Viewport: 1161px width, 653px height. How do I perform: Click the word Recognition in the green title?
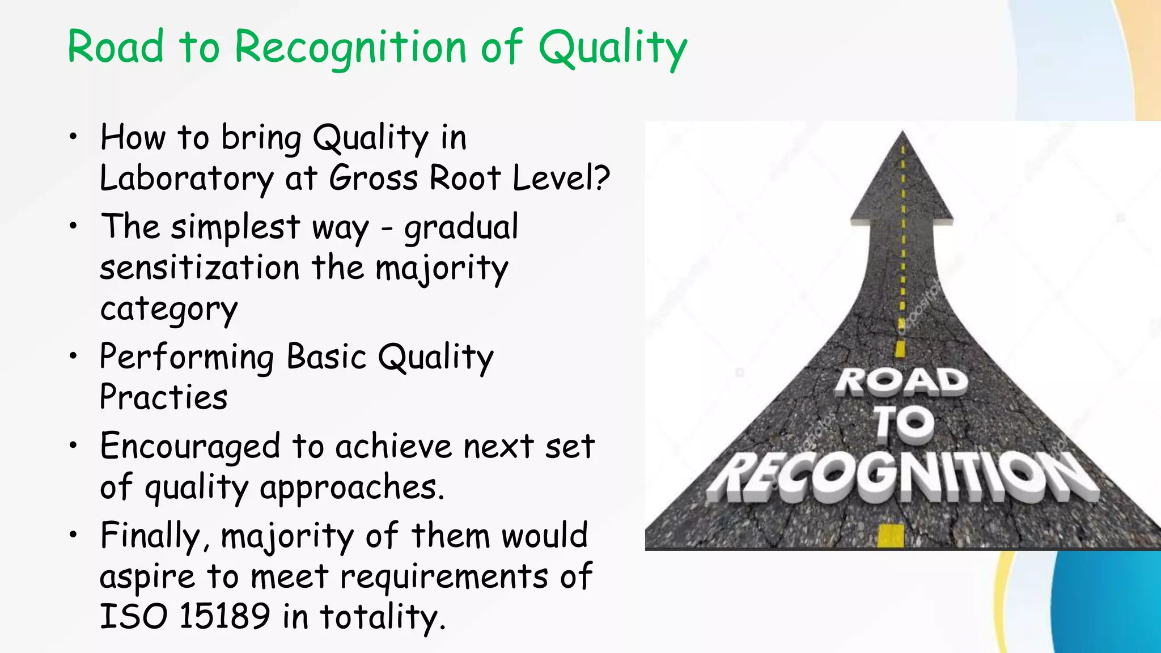(x=351, y=47)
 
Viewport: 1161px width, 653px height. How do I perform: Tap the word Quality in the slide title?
(x=612, y=47)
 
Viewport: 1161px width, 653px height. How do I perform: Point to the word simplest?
(x=235, y=227)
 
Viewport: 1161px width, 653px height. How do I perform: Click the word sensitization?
(x=200, y=268)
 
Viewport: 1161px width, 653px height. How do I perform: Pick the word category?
(x=168, y=309)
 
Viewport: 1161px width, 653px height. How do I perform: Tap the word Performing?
(x=187, y=358)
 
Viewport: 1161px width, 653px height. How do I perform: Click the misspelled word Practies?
(x=163, y=397)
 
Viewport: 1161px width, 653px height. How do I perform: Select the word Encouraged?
(x=190, y=447)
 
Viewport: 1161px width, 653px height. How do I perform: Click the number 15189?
(x=224, y=616)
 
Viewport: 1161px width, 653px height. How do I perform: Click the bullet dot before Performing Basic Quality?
(x=73, y=357)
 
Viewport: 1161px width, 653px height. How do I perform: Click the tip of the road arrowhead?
(x=902, y=134)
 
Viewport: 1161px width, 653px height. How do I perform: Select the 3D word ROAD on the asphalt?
(x=901, y=381)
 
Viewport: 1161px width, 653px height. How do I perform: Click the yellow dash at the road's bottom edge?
(x=891, y=535)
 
